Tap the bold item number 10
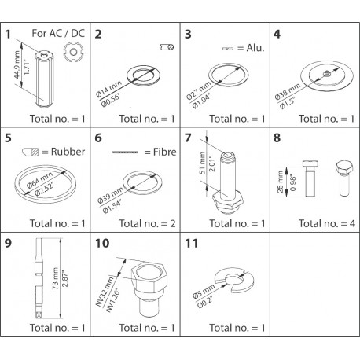[102, 242]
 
